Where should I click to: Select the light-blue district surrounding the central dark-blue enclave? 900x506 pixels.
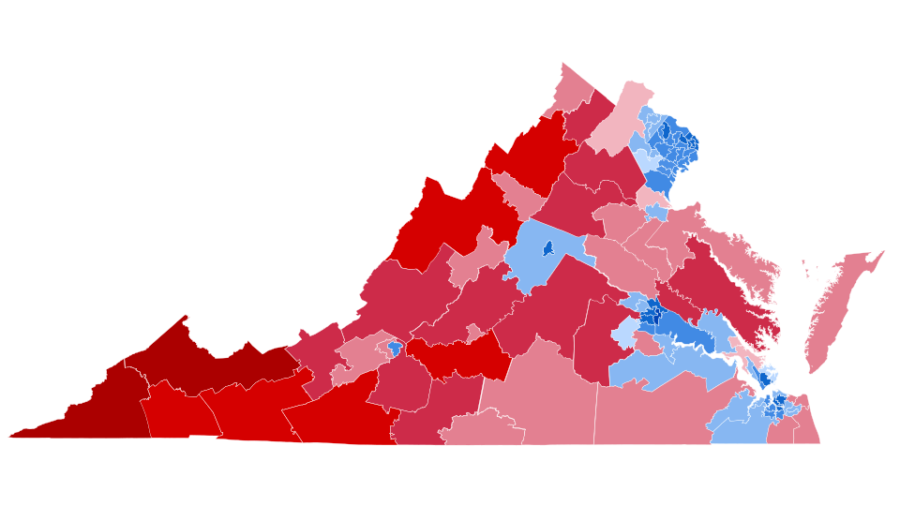point(534,262)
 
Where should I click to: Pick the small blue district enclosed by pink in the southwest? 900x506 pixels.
point(395,349)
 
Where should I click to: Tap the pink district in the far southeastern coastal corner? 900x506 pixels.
point(808,426)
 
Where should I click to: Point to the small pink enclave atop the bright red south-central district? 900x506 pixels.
point(476,333)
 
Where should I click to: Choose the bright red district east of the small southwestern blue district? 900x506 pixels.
point(459,356)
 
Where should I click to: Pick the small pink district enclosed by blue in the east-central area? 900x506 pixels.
point(647,345)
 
